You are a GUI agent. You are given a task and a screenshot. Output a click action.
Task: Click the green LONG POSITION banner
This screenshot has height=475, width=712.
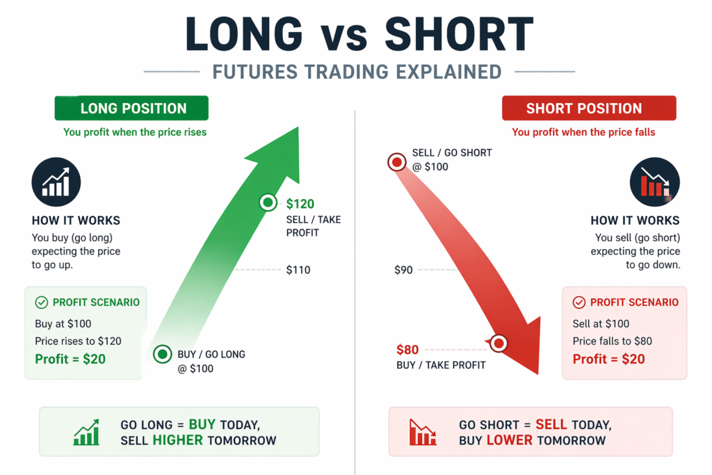[x=131, y=108]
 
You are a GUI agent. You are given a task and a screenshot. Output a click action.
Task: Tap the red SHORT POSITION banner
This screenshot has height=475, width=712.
[x=589, y=108]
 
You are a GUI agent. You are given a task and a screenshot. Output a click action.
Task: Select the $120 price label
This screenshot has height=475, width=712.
[x=300, y=204]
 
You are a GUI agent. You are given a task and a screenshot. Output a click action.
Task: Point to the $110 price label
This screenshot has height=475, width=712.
[x=298, y=271]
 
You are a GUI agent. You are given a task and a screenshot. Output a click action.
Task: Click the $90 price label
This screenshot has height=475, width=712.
[x=404, y=271]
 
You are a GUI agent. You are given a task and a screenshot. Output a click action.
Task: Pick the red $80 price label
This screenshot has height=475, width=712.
[x=407, y=350]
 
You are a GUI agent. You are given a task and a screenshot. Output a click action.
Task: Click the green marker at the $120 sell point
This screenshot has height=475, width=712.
[x=268, y=202]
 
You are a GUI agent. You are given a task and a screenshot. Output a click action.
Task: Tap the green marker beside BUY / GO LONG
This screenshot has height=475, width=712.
[x=162, y=354]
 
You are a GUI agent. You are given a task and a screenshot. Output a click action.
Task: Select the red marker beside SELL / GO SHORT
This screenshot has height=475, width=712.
[x=397, y=161]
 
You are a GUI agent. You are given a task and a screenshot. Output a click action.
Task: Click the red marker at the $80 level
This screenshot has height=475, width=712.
[x=499, y=344]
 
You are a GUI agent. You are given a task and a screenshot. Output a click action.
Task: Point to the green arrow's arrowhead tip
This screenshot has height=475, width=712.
[x=298, y=127]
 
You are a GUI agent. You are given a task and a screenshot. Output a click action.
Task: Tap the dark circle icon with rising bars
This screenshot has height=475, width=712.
[x=56, y=182]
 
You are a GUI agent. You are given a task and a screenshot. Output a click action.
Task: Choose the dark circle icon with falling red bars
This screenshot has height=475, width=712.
[x=655, y=182]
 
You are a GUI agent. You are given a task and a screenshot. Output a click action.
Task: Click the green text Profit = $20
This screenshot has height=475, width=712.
[x=70, y=359]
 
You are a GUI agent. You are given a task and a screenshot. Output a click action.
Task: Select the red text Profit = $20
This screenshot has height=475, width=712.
[x=609, y=359]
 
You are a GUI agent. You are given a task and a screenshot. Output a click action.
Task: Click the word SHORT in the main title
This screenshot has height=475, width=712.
[x=459, y=35]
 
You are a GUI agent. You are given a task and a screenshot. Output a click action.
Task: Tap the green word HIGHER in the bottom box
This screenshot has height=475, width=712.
[x=177, y=440]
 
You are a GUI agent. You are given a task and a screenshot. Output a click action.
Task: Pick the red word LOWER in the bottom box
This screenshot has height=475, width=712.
[x=510, y=440]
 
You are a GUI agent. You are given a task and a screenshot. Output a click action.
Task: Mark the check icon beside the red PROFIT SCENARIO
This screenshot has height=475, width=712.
[x=579, y=303]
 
